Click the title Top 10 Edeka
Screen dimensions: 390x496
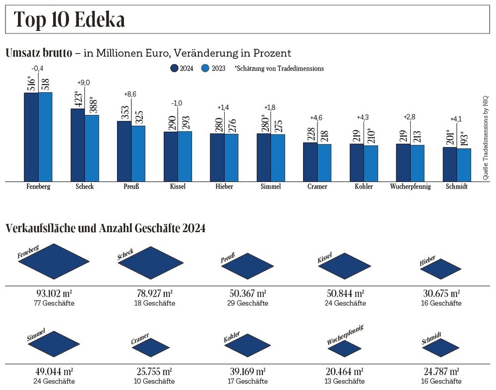pos(69,19)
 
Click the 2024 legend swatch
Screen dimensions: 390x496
pos(175,68)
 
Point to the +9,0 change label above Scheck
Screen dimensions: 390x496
pos(83,82)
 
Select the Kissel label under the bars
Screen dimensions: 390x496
pos(178,187)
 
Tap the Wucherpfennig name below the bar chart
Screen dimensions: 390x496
pos(410,187)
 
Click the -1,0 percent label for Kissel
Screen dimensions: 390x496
pos(177,103)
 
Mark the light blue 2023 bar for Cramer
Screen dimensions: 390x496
pos(324,163)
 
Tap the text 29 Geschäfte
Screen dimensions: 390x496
pos(248,303)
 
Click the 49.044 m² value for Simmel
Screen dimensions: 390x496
pos(55,371)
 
